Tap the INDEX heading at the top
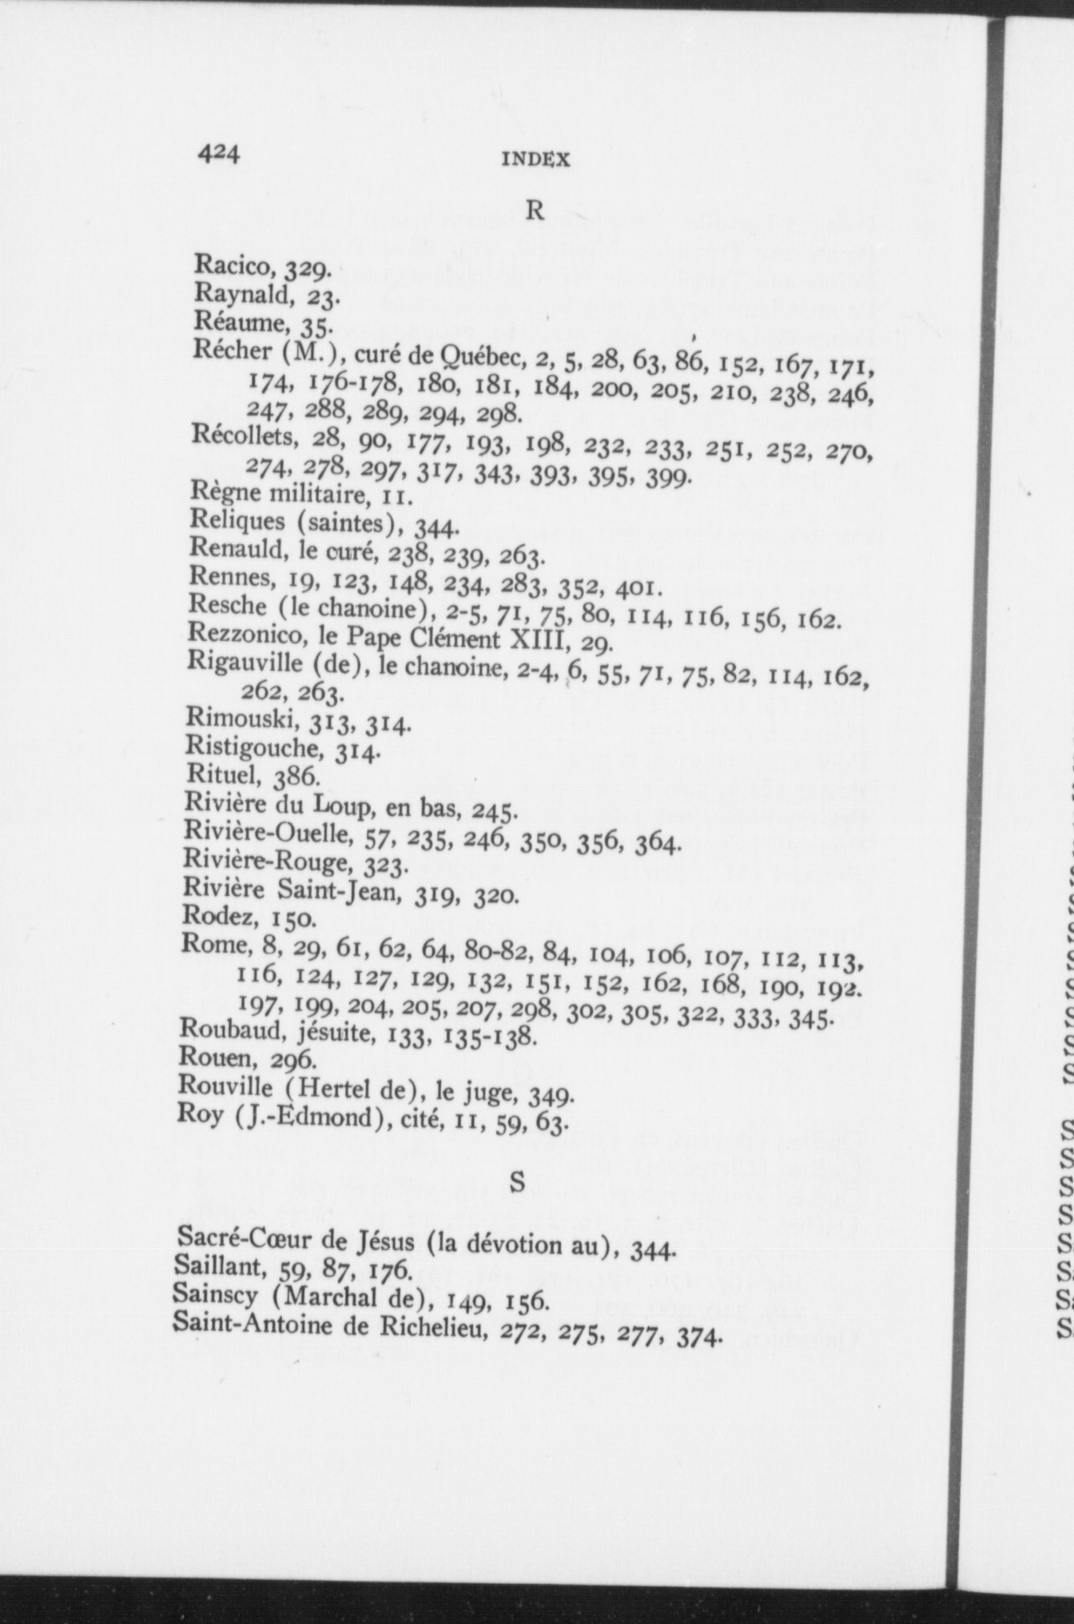pos(535,160)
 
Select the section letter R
pos(535,210)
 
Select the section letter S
pos(518,1181)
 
